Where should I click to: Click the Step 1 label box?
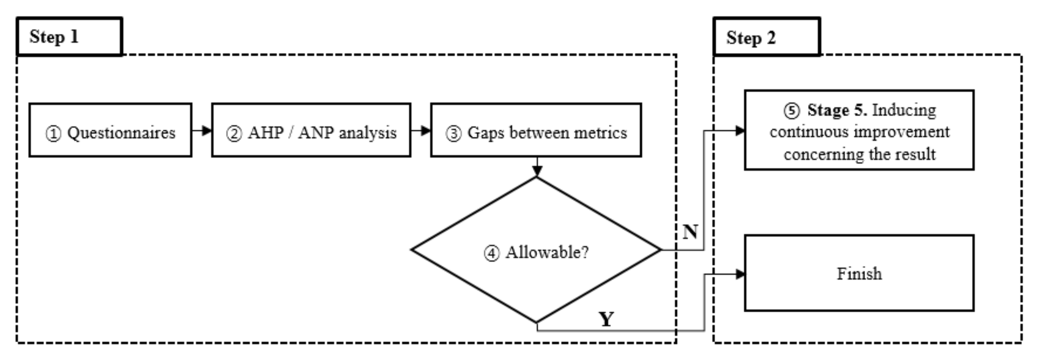[x=69, y=36]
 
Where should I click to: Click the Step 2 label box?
[x=767, y=37]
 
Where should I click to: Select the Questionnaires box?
[x=110, y=130]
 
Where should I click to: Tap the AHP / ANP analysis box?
[x=311, y=130]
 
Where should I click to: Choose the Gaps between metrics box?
[x=536, y=130]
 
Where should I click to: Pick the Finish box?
[x=859, y=273]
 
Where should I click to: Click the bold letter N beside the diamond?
[x=690, y=232]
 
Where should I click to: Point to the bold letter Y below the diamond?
[x=606, y=319]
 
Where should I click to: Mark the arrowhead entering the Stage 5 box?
[x=740, y=130]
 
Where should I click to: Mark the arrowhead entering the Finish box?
[x=740, y=275]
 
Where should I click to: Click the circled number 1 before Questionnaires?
[x=53, y=134]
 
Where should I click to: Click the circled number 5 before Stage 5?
[x=791, y=111]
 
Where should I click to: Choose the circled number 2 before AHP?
[x=234, y=134]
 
